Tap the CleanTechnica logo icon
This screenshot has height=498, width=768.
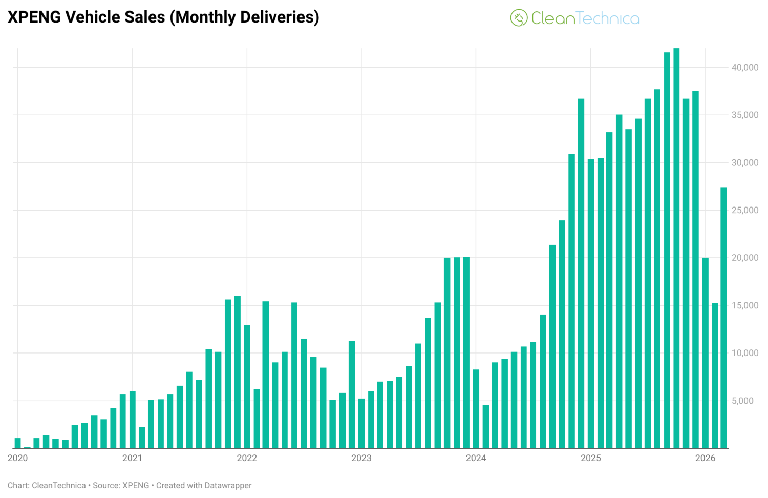[518, 18]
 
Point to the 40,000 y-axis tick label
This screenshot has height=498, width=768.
[744, 67]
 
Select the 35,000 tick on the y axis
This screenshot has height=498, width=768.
[744, 115]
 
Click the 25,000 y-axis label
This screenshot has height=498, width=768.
[744, 210]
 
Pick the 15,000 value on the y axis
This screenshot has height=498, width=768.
[744, 305]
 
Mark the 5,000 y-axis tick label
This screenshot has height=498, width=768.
[742, 401]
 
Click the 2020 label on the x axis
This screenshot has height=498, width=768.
[18, 458]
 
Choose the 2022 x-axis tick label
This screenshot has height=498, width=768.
[247, 458]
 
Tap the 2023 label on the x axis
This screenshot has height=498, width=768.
[361, 458]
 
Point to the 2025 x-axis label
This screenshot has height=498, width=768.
[590, 458]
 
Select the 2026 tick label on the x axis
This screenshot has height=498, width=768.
[705, 458]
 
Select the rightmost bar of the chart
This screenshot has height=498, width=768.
[724, 318]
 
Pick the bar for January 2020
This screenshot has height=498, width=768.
[18, 443]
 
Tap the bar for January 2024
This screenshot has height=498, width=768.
[476, 409]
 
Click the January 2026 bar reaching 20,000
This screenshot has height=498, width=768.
[705, 354]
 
